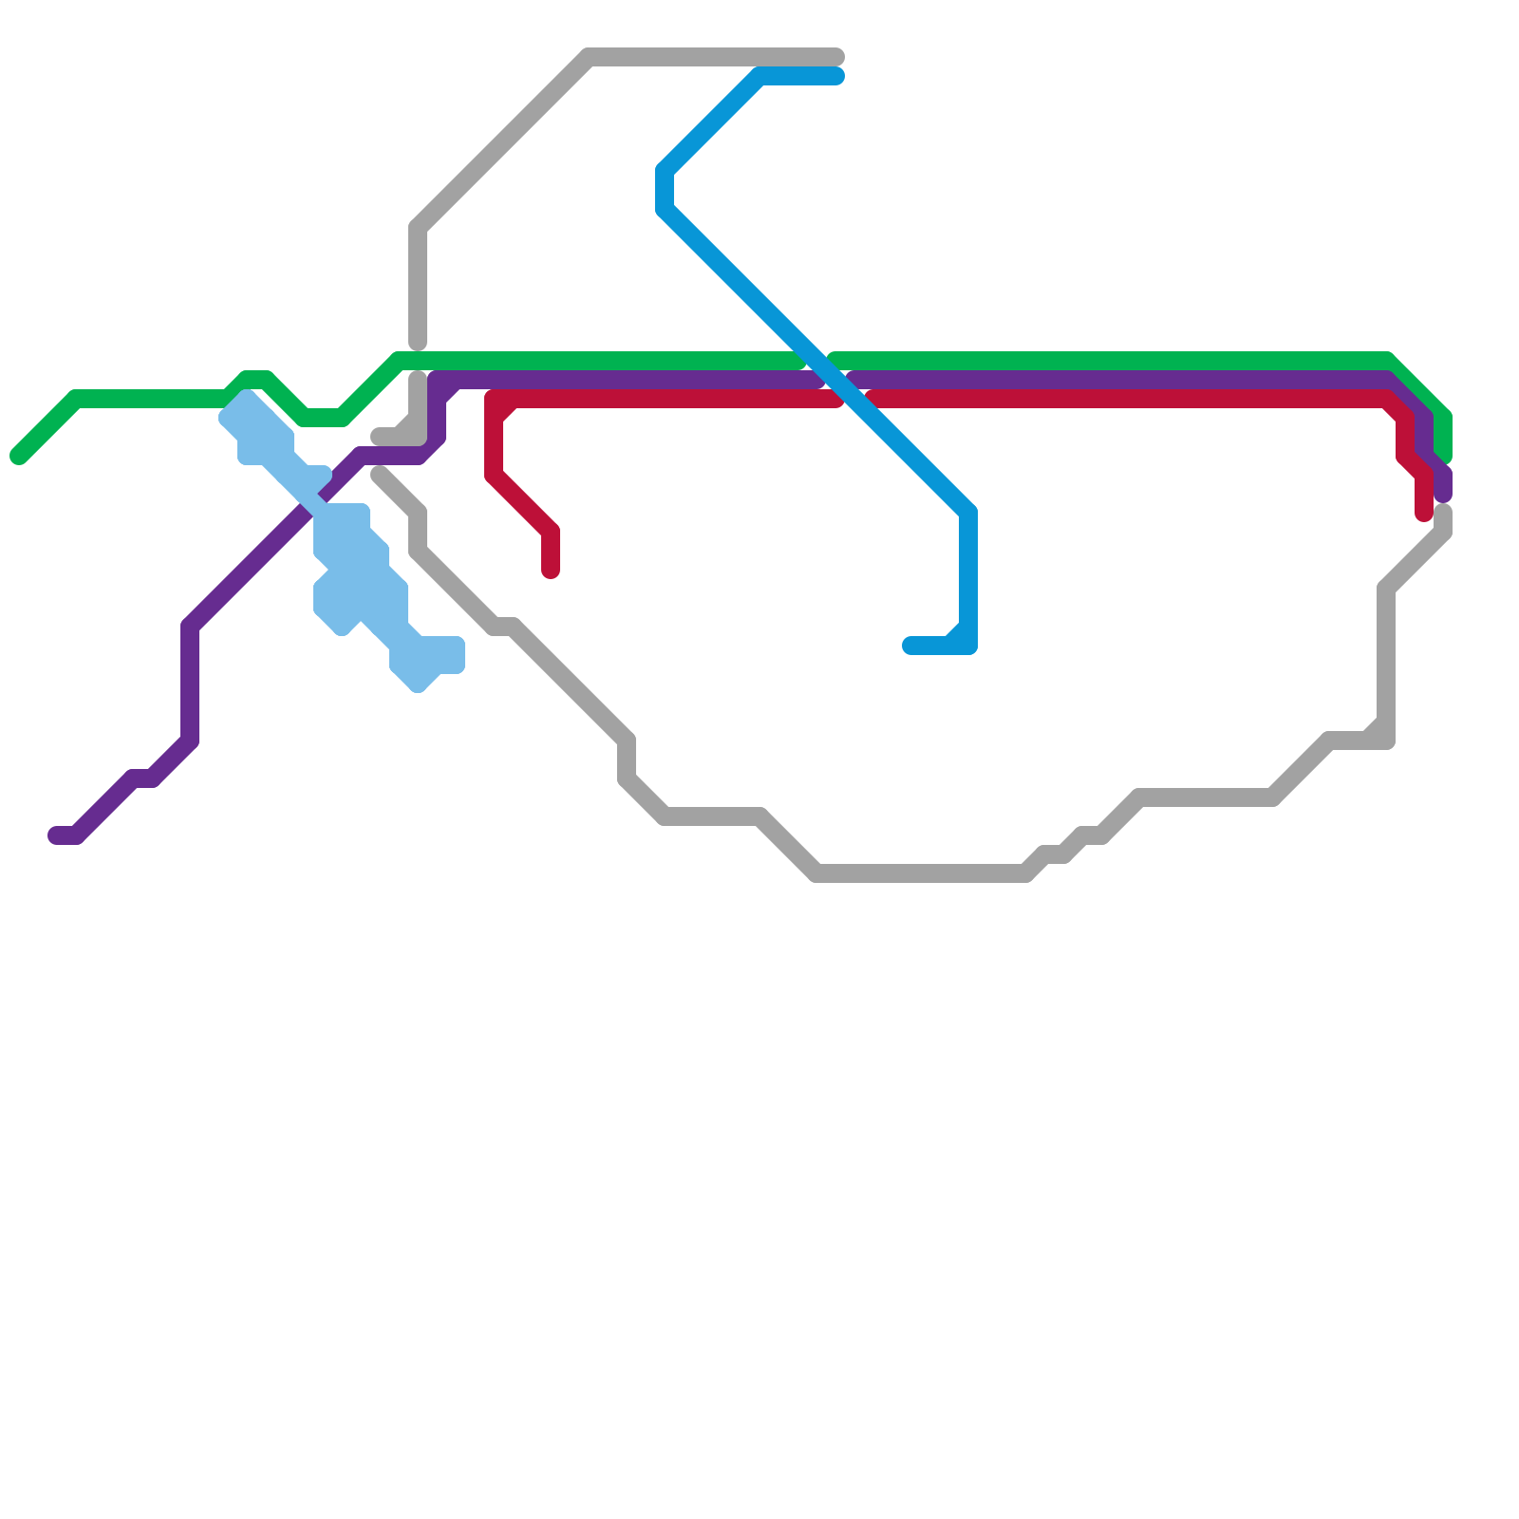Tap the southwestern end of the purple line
coord(56,835)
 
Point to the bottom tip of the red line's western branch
coord(551,571)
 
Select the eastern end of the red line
coord(1424,515)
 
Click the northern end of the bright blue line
coord(837,76)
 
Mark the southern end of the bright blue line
coord(910,647)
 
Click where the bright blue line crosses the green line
coord(816,361)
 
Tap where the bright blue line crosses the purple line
coord(835,380)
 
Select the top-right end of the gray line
coord(837,57)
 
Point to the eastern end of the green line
coord(1444,457)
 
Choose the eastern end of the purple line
coord(1443,494)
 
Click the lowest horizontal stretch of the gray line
coord(921,873)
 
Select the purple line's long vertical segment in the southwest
coord(190,684)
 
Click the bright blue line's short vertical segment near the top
coord(665,190)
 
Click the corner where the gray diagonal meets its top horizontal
coord(589,57)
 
